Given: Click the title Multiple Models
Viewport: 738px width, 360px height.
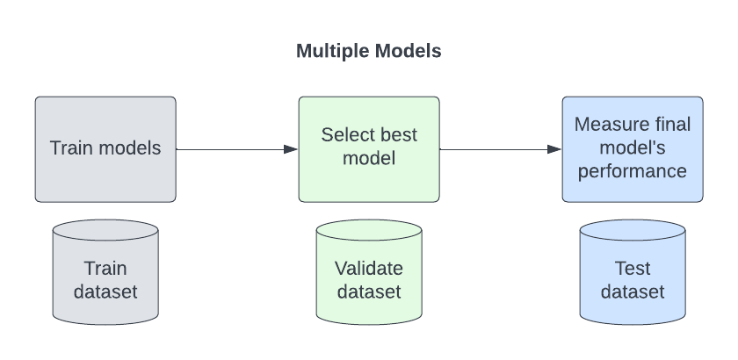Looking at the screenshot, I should (368, 51).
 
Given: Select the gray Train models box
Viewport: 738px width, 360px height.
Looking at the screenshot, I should (105, 167).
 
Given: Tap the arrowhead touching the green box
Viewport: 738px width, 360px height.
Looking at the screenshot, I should (291, 149).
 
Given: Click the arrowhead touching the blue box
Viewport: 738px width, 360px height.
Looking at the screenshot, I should (554, 149).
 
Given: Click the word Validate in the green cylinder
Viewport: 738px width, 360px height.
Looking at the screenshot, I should (369, 268).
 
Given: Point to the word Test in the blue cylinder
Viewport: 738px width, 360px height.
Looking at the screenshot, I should (633, 268).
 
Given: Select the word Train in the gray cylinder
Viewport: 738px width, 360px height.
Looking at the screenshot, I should (105, 268).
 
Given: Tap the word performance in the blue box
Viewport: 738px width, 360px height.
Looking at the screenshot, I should (633, 171).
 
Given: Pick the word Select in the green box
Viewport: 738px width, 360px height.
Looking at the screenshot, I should (345, 135).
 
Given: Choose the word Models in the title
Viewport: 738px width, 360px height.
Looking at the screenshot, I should (409, 51).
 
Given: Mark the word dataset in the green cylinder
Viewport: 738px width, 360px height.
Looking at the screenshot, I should (369, 292).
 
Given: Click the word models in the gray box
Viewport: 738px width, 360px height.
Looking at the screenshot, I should (130, 148).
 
